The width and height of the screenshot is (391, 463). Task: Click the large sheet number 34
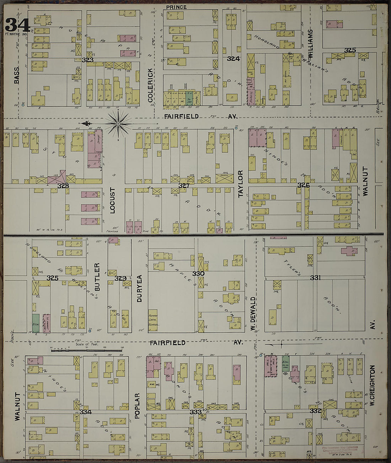click(x=17, y=25)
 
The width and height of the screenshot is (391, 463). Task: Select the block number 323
click(x=87, y=60)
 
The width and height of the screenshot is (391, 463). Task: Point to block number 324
click(x=233, y=59)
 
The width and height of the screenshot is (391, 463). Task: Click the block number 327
click(x=184, y=186)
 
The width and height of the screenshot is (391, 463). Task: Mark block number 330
click(x=198, y=274)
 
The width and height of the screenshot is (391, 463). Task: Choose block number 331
click(x=315, y=278)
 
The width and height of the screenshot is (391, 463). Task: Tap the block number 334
click(x=86, y=412)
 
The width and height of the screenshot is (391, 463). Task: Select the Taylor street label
click(x=241, y=184)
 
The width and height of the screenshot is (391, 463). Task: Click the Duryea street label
click(x=139, y=288)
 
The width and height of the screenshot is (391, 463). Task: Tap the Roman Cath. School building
click(x=153, y=320)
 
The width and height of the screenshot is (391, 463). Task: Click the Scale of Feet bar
click(x=87, y=351)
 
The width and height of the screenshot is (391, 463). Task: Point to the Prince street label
click(x=176, y=7)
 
